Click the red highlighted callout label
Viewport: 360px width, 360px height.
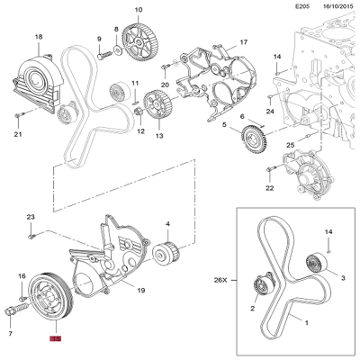point(55,340)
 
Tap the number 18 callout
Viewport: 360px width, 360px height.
point(38,37)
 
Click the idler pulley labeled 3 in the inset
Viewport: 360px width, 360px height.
point(314,264)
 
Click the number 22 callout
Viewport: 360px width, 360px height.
point(269,189)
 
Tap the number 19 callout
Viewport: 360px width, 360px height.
point(140,291)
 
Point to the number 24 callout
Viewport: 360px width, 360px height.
point(269,112)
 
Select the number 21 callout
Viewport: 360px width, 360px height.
point(17,135)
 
